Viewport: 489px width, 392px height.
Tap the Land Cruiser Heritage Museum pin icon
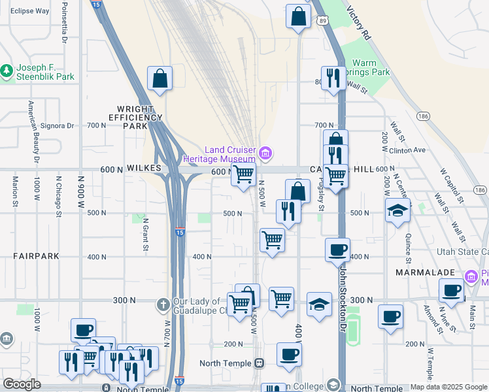click(x=265, y=154)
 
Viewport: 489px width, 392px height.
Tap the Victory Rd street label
click(x=359, y=24)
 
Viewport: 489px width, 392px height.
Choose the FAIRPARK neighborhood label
click(x=37, y=257)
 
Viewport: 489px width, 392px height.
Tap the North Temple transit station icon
click(x=260, y=363)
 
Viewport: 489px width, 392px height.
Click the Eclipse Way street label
click(x=30, y=11)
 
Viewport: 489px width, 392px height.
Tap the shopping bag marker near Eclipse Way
click(x=160, y=79)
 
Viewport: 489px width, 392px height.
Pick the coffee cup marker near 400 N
click(x=338, y=250)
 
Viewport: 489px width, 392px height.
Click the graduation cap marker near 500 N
click(x=397, y=211)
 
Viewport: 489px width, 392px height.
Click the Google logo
click(x=22, y=384)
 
